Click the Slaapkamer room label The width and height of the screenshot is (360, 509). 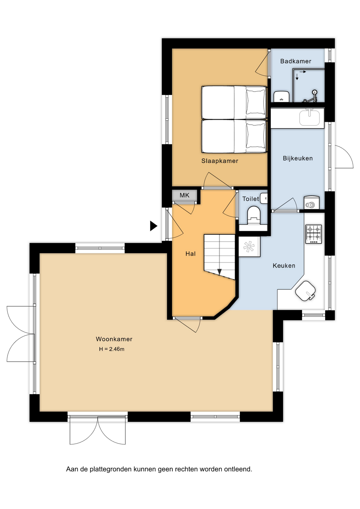(x=220, y=161)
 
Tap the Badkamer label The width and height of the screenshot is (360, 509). (x=296, y=61)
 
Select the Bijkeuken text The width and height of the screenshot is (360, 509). (x=298, y=158)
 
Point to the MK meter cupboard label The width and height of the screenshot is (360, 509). (x=185, y=195)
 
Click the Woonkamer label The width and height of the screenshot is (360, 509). (x=114, y=339)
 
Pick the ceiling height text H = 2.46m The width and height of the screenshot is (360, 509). (x=112, y=349)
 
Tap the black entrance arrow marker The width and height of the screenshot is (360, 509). (x=153, y=226)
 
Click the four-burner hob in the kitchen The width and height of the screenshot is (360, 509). (x=314, y=234)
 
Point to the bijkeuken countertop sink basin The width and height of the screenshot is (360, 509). (x=309, y=118)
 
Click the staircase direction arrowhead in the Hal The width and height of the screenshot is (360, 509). (x=219, y=272)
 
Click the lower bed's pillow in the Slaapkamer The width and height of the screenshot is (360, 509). (x=256, y=136)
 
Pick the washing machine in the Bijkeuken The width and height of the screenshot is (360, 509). (x=311, y=203)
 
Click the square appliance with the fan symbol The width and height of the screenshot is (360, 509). (x=249, y=247)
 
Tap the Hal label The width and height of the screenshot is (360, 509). (x=190, y=254)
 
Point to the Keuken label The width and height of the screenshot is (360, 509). (x=284, y=266)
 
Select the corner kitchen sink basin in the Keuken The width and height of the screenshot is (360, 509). (x=305, y=291)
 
